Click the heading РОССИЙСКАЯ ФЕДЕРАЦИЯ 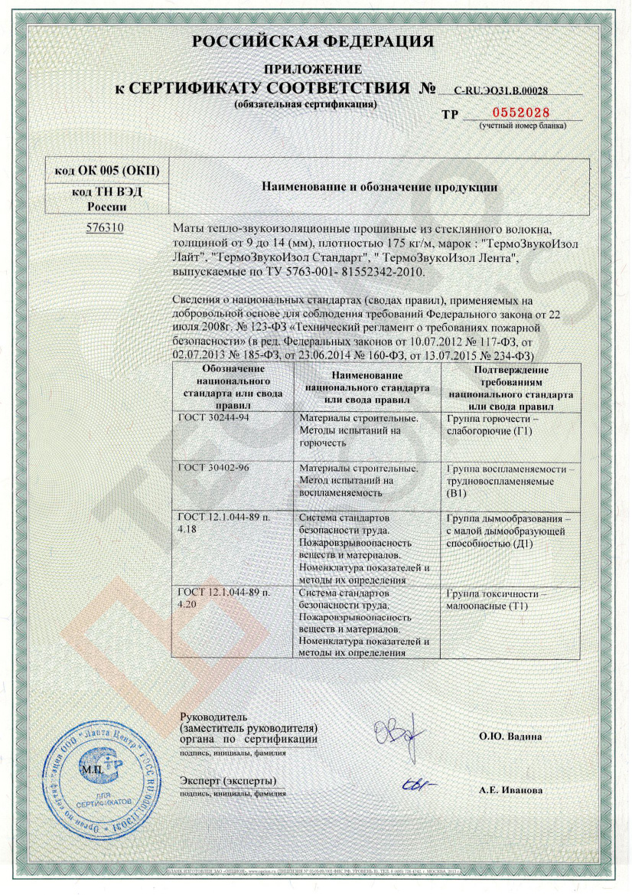click(x=317, y=41)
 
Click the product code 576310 click(x=105, y=228)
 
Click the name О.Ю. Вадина click(x=510, y=736)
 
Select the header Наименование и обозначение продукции click(x=380, y=186)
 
